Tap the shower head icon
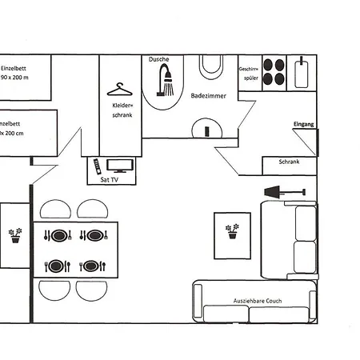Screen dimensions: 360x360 [x=166, y=81]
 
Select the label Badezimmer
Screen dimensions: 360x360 [x=208, y=96]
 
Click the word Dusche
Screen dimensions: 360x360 [x=159, y=60]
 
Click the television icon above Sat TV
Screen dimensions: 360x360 [x=122, y=166]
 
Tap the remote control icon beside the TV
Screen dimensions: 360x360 [x=96, y=166]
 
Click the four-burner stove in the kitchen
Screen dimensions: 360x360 [x=275, y=72]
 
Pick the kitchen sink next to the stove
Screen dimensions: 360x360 [x=302, y=72]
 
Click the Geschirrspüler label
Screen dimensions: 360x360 [x=249, y=75]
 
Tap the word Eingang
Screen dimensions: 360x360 [x=304, y=125]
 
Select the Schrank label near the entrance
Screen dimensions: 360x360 [x=289, y=162]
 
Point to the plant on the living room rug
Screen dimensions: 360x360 [x=233, y=232]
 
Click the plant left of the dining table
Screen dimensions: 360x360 [x=15, y=235]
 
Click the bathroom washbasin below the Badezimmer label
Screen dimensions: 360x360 [x=207, y=128]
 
